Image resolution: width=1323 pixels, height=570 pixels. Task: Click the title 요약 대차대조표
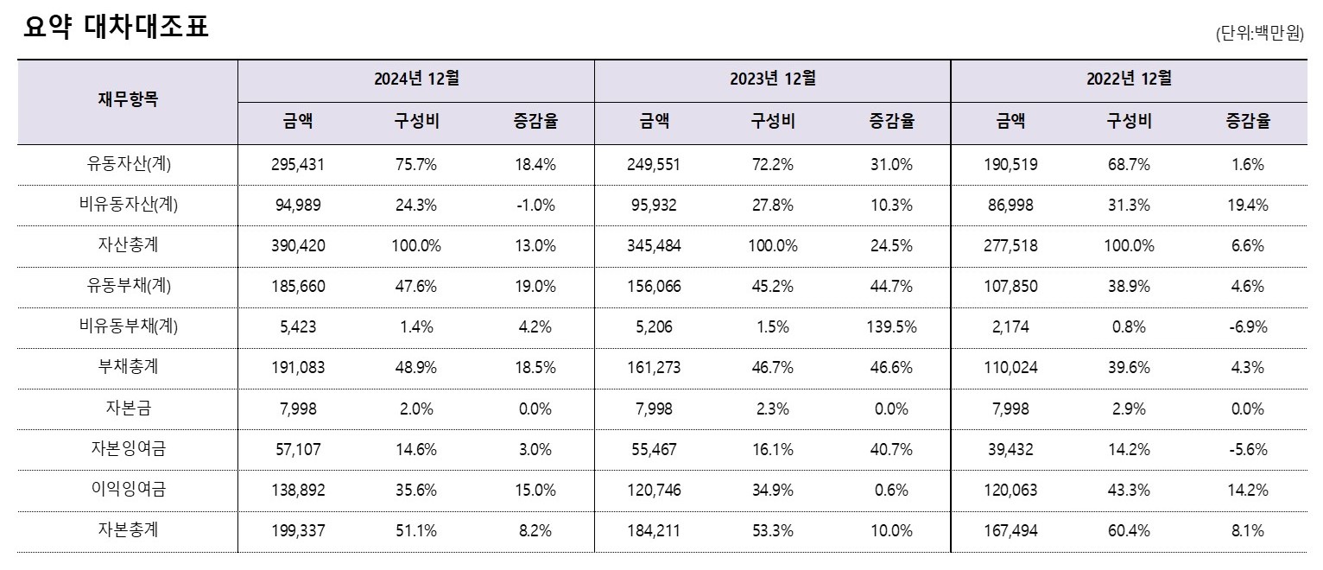117,28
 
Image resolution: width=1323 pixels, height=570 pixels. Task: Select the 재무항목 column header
128,100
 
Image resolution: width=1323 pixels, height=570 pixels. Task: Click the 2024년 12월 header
415,79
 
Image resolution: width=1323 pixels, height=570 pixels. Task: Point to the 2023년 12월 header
772,79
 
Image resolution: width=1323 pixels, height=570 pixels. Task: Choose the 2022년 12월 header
1129,79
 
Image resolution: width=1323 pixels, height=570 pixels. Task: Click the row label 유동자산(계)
128,164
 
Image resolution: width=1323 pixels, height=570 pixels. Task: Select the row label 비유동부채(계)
128,327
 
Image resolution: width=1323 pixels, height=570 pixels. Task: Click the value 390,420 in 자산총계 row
298,246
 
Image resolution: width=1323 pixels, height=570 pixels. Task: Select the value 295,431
298,164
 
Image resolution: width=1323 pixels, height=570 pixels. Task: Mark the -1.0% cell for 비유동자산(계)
535,206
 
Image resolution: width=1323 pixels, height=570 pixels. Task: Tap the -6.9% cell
1248,327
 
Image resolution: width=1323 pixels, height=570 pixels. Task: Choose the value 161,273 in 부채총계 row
654,368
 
